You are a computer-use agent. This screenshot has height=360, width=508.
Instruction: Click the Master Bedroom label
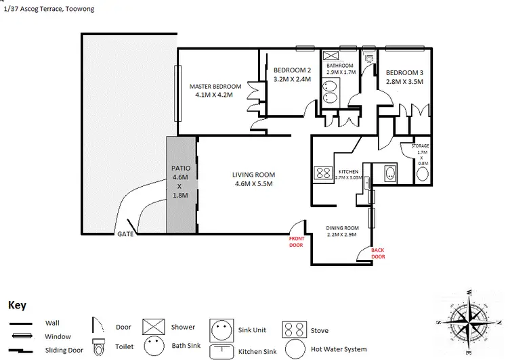[215, 91]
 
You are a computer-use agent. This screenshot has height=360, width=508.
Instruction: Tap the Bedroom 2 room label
[292, 74]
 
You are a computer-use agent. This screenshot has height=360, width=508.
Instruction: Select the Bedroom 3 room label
[404, 77]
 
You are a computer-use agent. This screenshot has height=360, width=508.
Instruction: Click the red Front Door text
[297, 242]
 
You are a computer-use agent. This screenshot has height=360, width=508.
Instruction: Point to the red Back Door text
[377, 253]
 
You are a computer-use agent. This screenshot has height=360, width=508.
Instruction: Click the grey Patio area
[180, 183]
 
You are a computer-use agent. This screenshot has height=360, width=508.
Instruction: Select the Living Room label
[254, 179]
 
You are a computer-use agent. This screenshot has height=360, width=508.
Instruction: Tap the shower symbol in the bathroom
[331, 57]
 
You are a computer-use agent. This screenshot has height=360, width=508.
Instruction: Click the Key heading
[17, 305]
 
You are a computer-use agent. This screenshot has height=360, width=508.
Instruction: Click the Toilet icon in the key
[100, 347]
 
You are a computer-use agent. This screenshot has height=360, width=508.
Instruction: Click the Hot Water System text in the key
[339, 350]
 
